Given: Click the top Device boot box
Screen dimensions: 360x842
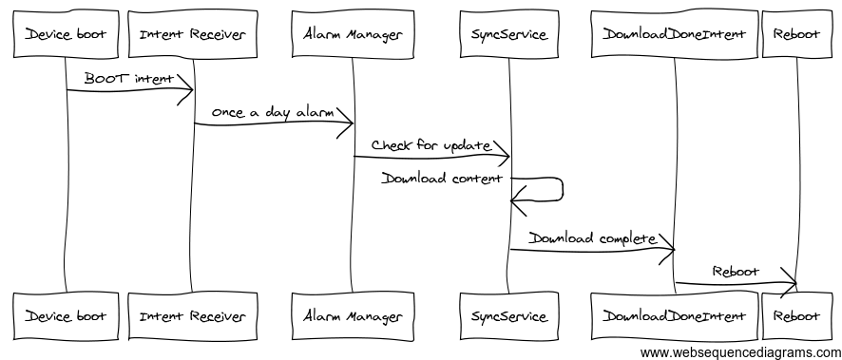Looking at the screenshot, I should click(65, 35).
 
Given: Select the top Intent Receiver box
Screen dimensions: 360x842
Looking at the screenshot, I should click(193, 35).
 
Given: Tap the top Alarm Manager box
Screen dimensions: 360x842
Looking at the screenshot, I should click(352, 35).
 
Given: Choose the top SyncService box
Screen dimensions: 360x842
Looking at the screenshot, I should click(508, 35).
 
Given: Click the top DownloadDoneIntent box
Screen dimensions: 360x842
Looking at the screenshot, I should click(674, 35).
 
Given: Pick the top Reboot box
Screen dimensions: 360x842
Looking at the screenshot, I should click(795, 35).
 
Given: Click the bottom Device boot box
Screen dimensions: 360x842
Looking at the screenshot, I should click(65, 315).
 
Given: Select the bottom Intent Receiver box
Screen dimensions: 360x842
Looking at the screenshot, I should click(193, 315).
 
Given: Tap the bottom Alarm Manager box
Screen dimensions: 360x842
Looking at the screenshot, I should click(352, 315).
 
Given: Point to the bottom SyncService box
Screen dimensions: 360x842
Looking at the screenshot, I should click(508, 315).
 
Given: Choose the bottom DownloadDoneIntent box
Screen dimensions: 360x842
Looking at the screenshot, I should click(674, 315).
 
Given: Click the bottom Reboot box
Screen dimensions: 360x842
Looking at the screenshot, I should click(795, 315).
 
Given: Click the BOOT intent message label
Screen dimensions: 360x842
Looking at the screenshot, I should click(129, 79).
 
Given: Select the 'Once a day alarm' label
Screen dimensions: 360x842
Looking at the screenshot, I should click(272, 112).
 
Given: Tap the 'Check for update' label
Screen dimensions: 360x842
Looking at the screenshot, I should click(431, 145).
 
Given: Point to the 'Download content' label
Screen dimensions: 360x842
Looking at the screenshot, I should click(442, 178).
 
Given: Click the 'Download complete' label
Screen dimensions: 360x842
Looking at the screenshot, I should click(592, 237).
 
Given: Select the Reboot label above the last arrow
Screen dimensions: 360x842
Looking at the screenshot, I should click(736, 271).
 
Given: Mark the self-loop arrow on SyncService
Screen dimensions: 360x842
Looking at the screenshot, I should click(561, 189).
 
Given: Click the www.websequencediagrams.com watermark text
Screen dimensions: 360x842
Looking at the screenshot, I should click(739, 352).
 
